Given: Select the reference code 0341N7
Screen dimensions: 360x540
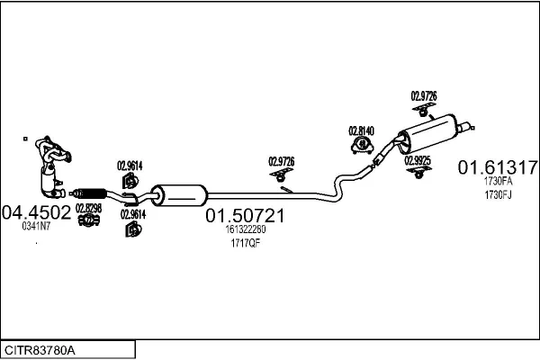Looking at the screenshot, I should pos(37,226).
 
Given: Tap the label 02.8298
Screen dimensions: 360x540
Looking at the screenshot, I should pos(88,208).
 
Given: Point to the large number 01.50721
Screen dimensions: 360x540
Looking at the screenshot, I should pos(246,216).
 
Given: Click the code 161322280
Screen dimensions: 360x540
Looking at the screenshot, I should pos(246,229).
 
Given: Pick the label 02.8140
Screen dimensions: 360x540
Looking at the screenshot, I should pos(362,130).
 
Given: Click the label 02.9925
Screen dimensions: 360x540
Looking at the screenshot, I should pos(418,159).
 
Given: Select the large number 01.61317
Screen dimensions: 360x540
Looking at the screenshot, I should pos(498,167).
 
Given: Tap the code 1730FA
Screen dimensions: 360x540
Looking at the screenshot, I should pos(498,181).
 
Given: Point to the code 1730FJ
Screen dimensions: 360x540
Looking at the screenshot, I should pos(498,193).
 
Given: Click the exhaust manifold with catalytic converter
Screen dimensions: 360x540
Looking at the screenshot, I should pos(49,166).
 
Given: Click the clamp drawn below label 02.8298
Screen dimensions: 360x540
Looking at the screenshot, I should pos(88,220).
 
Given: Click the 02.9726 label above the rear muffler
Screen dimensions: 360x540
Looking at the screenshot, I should pos(425,94).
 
